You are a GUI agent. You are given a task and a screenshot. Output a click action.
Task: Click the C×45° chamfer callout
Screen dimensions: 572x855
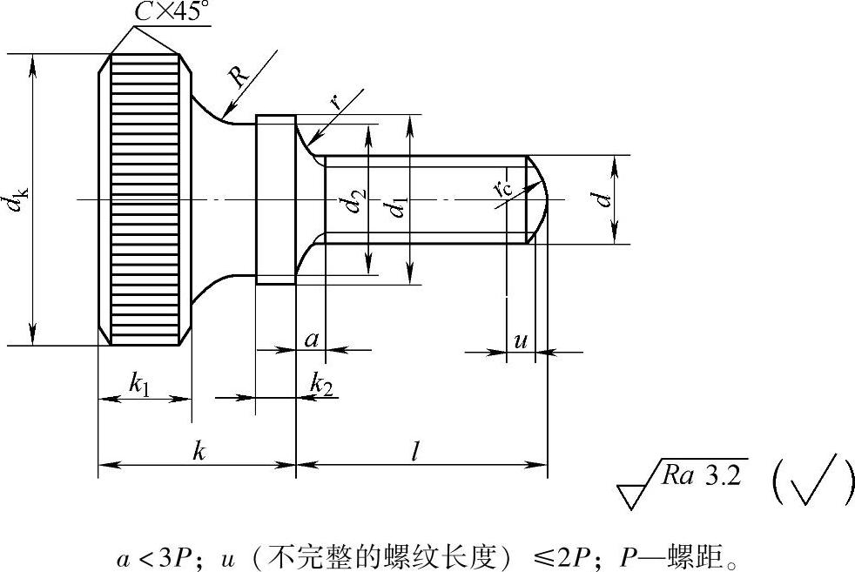click(172, 12)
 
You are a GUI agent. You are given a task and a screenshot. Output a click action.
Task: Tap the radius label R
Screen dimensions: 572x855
click(239, 77)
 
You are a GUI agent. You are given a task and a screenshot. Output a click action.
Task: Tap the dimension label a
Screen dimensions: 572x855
click(311, 339)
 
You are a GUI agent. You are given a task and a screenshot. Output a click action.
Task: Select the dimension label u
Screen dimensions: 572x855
click(521, 340)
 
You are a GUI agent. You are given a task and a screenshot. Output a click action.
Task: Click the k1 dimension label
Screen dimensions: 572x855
click(139, 382)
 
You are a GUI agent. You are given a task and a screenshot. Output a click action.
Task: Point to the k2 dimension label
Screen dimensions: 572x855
click(321, 382)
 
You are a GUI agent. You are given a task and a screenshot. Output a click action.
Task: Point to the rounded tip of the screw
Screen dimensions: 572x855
click(540, 200)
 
